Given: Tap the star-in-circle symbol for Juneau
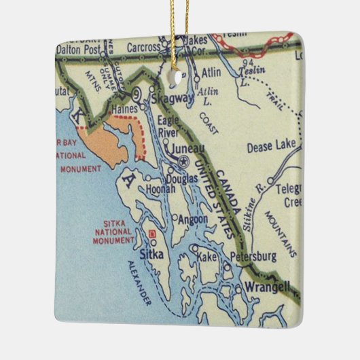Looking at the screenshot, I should click(185, 160).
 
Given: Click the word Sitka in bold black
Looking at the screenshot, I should click(149, 255).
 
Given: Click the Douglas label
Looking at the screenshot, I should click(181, 178).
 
